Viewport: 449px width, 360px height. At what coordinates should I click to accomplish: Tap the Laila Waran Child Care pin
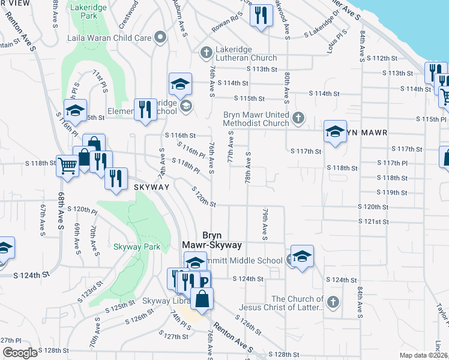[160, 38]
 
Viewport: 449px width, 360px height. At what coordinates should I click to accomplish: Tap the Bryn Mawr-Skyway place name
[212, 240]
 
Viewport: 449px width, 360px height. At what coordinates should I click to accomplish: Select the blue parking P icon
[204, 281]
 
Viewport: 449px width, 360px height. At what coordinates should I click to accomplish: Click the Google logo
[19, 353]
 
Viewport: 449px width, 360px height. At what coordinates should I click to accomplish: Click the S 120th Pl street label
[82, 210]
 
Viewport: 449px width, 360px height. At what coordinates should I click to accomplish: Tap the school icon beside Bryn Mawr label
[335, 131]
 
